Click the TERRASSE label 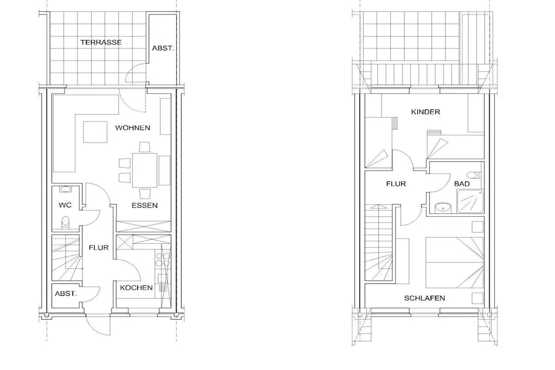[101, 42]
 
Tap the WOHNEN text [132, 128]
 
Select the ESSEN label [144, 205]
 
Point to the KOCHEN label [136, 288]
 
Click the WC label [65, 205]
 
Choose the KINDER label [425, 112]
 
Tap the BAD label [462, 184]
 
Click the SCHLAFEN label [424, 298]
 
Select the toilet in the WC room [65, 223]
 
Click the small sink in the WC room [65, 189]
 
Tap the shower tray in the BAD [470, 202]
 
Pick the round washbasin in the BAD [442, 208]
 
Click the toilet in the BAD [473, 175]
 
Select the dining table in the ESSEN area [144, 170]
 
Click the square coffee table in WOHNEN [95, 132]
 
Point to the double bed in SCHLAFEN [454, 262]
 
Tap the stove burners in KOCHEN [162, 260]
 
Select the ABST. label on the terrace [163, 48]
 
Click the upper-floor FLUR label [396, 184]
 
